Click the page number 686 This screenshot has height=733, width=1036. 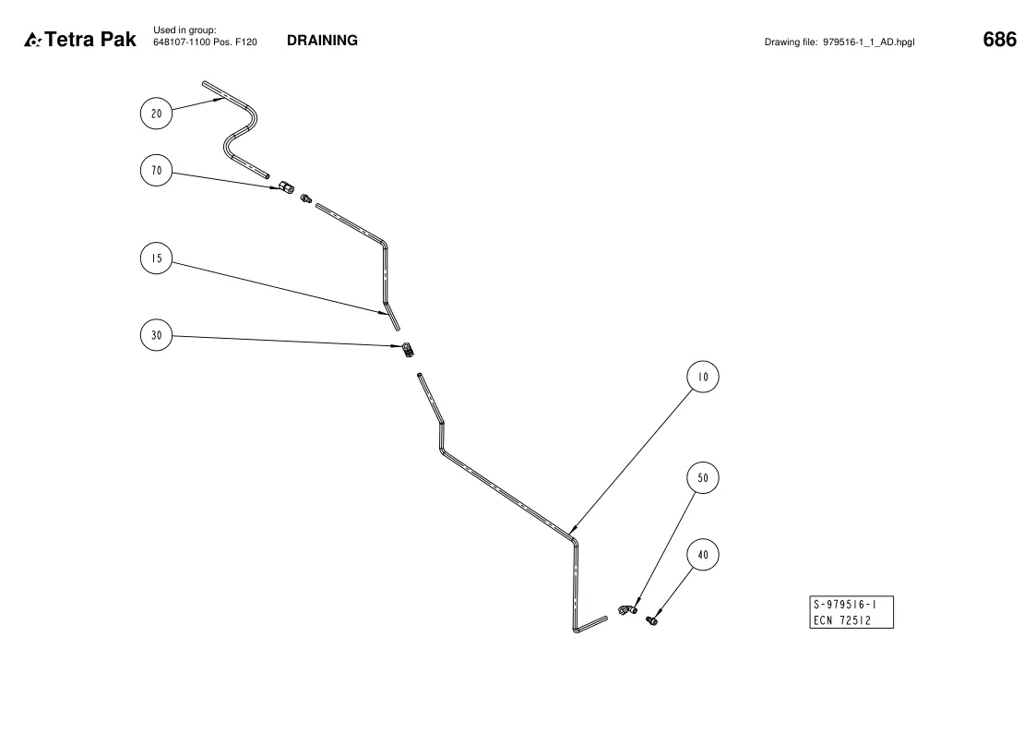coord(1000,40)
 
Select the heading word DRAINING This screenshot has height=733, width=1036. coord(323,41)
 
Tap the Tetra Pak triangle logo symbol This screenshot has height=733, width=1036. coord(32,41)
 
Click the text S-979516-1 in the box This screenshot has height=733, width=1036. coord(845,604)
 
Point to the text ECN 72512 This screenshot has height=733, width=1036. coord(842,620)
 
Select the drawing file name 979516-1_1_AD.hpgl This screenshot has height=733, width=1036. coord(869,42)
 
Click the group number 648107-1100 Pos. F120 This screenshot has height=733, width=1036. coord(205,42)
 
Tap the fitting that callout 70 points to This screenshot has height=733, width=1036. coord(286,187)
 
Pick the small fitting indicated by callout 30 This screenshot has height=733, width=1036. coord(409,350)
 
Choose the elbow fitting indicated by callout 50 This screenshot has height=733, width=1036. coord(627,608)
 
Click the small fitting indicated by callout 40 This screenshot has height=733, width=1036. coord(651,620)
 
